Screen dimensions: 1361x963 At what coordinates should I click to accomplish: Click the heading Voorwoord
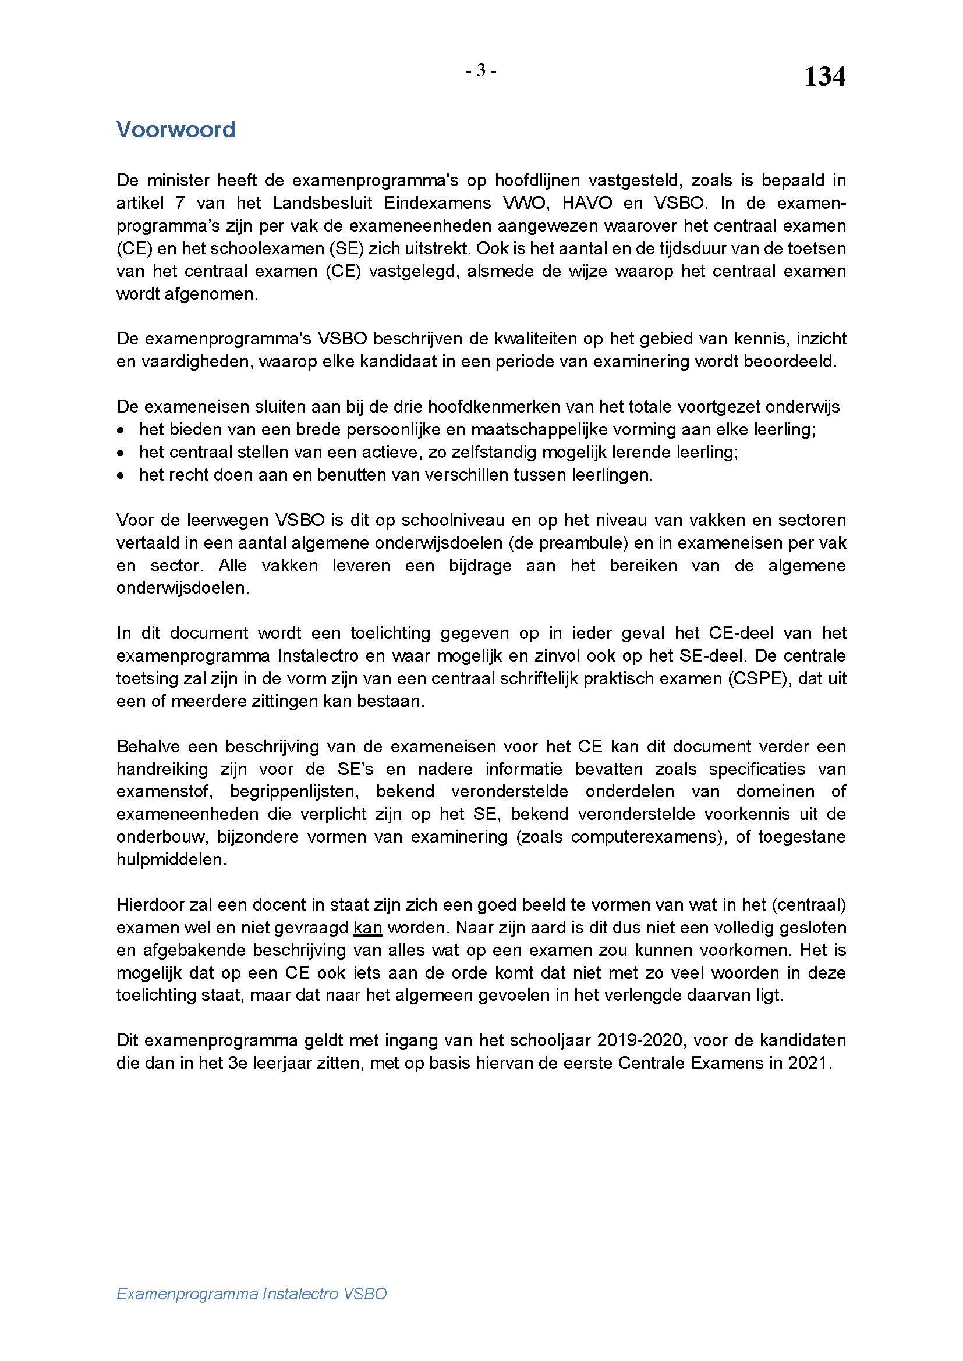point(175,129)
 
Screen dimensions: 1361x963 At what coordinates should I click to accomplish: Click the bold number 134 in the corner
point(824,77)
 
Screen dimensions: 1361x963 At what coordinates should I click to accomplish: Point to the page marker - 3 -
point(481,71)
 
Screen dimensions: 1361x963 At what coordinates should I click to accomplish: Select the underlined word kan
point(367,928)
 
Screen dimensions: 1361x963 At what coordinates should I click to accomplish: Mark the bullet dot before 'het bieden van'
point(121,430)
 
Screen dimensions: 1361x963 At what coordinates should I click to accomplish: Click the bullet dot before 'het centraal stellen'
point(121,452)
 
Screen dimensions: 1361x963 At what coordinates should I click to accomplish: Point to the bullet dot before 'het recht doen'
point(121,475)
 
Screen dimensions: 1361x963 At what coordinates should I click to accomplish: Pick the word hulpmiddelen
point(171,859)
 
